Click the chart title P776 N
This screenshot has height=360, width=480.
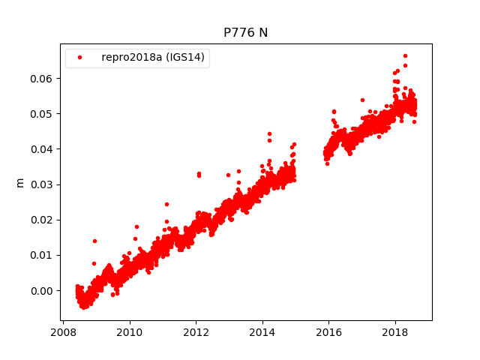tap(245, 33)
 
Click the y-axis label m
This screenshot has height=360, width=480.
tap(20, 182)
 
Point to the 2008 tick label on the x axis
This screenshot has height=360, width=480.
tap(63, 331)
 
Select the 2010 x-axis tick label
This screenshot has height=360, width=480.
tap(130, 331)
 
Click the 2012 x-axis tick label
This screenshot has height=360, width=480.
tap(196, 331)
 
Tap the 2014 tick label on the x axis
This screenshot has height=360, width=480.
tap(262, 331)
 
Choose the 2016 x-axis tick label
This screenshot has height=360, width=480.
tap(328, 331)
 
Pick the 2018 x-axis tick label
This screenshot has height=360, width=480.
tap(395, 331)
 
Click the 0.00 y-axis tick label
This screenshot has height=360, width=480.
tap(43, 290)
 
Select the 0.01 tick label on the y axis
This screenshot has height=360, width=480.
tap(43, 255)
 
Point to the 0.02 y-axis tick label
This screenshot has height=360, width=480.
tap(43, 220)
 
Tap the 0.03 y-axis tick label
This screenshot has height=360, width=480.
tap(43, 184)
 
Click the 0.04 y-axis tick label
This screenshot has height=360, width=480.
tap(43, 148)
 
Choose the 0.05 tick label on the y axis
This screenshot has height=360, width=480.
tap(43, 113)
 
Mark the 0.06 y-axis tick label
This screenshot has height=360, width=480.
tap(43, 78)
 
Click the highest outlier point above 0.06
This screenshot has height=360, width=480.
tap(405, 55)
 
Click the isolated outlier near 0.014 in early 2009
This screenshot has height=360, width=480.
tap(94, 241)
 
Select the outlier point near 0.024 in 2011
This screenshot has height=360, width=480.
tap(166, 204)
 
